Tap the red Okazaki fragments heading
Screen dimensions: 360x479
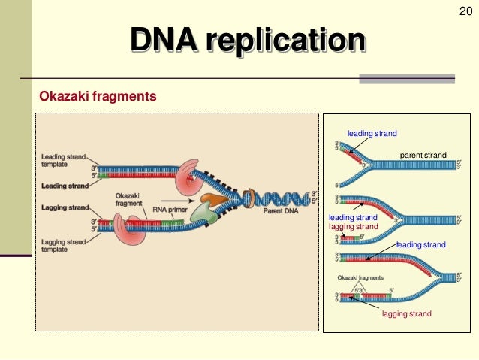[98, 96]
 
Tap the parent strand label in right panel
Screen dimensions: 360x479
[423, 156]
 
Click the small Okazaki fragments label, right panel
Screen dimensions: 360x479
[360, 277]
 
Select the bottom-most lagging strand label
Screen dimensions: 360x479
[407, 313]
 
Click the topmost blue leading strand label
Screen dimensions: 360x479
[371, 133]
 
